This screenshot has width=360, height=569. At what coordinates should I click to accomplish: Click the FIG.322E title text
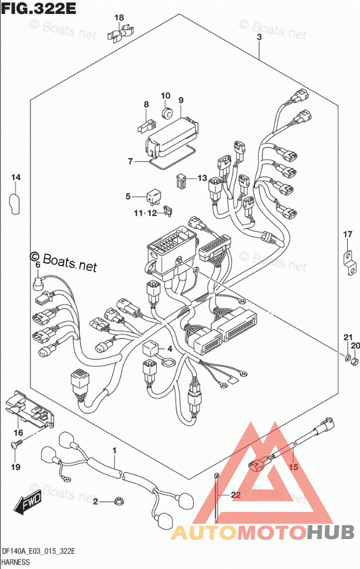pyautogui.click(x=39, y=8)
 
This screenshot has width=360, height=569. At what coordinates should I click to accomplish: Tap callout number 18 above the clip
pyautogui.click(x=119, y=17)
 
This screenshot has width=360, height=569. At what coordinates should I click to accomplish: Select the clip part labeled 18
pyautogui.click(x=120, y=33)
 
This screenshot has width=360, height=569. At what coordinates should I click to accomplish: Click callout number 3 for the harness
pyautogui.click(x=259, y=37)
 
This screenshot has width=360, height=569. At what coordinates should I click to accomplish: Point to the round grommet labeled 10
pyautogui.click(x=167, y=113)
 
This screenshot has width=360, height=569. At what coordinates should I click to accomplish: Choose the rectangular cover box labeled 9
pyautogui.click(x=172, y=134)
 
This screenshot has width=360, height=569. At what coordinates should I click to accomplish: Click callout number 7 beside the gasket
pyautogui.click(x=130, y=161)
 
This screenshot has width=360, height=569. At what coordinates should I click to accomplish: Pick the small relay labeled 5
pyautogui.click(x=152, y=197)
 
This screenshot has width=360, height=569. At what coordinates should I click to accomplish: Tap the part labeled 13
pyautogui.click(x=181, y=181)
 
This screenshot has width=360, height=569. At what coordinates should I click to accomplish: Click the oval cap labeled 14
pyautogui.click(x=15, y=204)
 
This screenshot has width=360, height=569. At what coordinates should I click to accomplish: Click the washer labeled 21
pyautogui.click(x=347, y=359)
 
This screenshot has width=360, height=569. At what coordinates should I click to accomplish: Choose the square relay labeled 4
pyautogui.click(x=150, y=350)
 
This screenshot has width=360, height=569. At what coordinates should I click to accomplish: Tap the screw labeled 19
pyautogui.click(x=17, y=443)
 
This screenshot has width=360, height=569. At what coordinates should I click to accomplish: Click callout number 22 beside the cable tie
pyautogui.click(x=236, y=495)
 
